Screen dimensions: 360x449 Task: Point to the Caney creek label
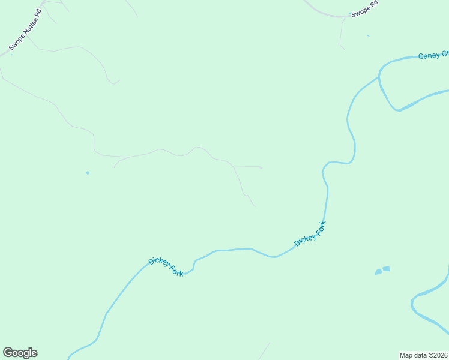tap(433, 55)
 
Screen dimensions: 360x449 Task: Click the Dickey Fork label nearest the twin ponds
tap(310, 233)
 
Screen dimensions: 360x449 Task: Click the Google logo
tap(20, 352)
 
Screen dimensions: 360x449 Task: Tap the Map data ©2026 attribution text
tap(424, 355)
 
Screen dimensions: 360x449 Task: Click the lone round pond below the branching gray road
tap(88, 173)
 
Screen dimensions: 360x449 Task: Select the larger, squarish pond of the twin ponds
tap(386, 269)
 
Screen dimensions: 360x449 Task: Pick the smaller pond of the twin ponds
tap(378, 272)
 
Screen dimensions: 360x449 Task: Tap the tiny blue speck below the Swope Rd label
tap(368, 35)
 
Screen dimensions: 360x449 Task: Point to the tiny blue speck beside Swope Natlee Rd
tap(11, 55)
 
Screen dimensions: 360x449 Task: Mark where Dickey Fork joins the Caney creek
tap(379, 76)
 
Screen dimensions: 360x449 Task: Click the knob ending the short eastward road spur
tap(261, 168)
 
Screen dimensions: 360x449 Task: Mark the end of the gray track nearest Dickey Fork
tap(255, 206)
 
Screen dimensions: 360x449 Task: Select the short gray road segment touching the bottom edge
tap(264, 351)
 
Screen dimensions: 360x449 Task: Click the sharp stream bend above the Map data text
tap(413, 303)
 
